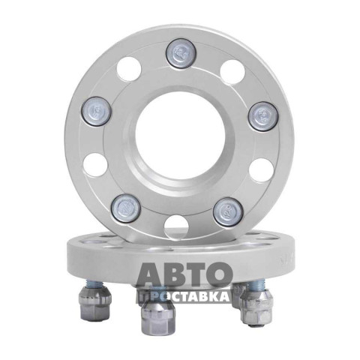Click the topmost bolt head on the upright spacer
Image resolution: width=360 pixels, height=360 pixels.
(181, 54)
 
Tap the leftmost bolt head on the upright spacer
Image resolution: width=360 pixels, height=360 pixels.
(96, 111)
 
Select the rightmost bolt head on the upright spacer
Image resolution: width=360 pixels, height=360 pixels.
(262, 116)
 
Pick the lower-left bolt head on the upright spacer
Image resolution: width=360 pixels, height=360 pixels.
(125, 208)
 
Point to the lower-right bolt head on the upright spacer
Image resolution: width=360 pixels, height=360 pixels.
(228, 211)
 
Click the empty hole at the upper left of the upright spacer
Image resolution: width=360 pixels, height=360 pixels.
(129, 70)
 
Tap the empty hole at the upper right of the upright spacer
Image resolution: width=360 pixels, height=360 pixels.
(232, 72)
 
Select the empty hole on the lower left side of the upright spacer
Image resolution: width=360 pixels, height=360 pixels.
(95, 166)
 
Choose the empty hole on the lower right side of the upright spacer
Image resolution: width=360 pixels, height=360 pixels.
(261, 170)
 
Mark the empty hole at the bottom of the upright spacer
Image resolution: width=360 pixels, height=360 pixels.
(176, 226)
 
